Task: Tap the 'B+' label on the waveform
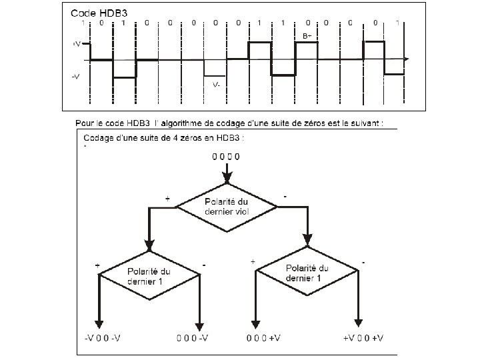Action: pyautogui.click(x=307, y=35)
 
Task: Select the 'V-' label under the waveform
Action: pyautogui.click(x=216, y=85)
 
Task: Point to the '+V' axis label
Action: pyautogui.click(x=76, y=43)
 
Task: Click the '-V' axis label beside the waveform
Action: pyautogui.click(x=76, y=77)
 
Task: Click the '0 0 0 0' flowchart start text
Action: pyautogui.click(x=227, y=157)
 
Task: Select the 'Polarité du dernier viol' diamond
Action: pyautogui.click(x=227, y=207)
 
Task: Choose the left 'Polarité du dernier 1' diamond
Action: pyautogui.click(x=149, y=276)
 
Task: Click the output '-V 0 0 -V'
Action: pyautogui.click(x=103, y=338)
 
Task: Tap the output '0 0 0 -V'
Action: pyautogui.click(x=193, y=338)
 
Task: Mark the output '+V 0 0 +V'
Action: pyautogui.click(x=363, y=338)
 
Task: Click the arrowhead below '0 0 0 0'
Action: pyautogui.click(x=227, y=179)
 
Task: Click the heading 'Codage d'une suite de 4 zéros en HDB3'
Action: pyautogui.click(x=164, y=138)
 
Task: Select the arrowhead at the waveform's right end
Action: pyautogui.click(x=407, y=60)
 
